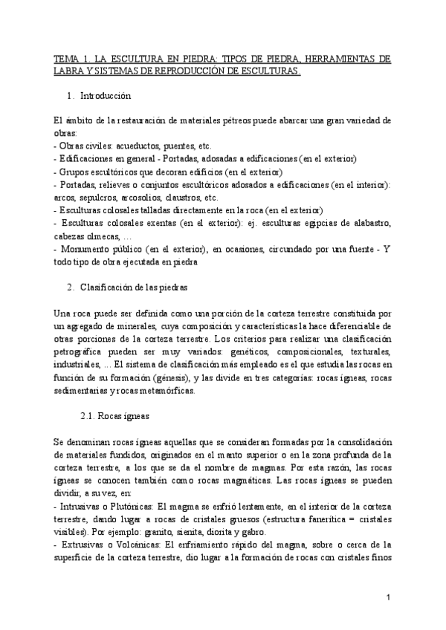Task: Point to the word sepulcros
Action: click(x=94, y=198)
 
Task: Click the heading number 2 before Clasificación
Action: click(x=69, y=287)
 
